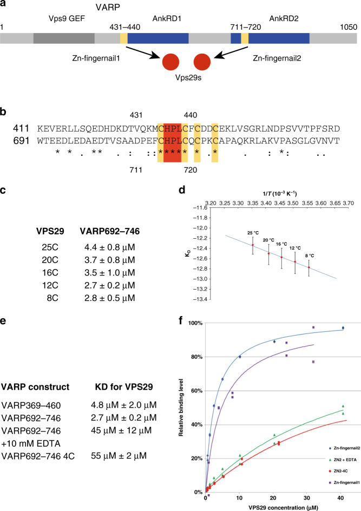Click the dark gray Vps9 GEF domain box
tap(64, 38)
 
